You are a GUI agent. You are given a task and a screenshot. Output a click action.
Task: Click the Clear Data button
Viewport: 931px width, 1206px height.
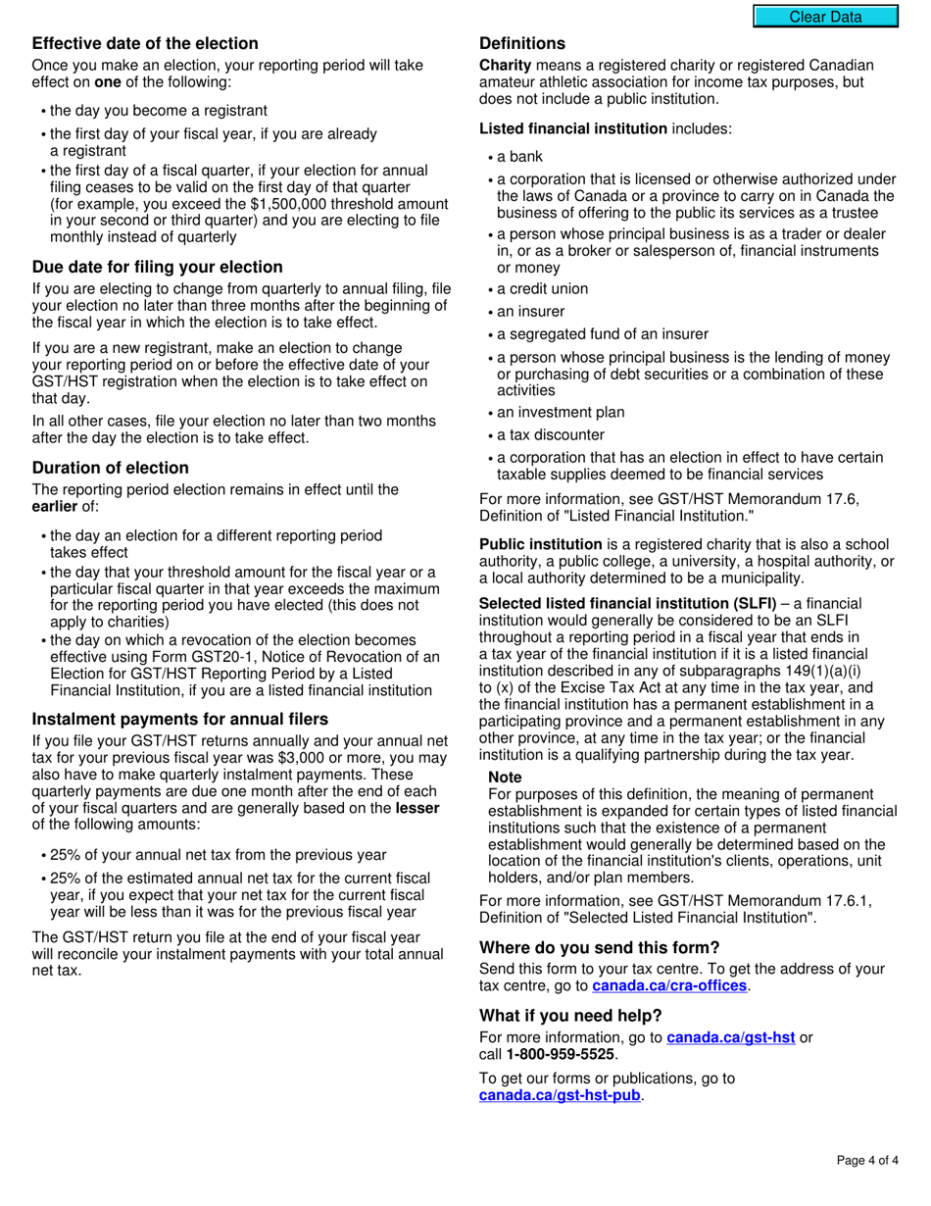pyautogui.click(x=825, y=17)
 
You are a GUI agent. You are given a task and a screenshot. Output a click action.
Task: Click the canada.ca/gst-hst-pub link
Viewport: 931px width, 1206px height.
pyautogui.click(x=560, y=1095)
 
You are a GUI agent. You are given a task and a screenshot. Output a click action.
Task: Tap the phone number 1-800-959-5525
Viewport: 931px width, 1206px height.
pyautogui.click(x=561, y=1054)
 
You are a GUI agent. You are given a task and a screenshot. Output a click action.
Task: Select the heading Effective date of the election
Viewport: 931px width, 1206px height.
pyautogui.click(x=145, y=43)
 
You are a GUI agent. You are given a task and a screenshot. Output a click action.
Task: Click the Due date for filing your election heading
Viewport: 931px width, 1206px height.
pyautogui.click(x=158, y=267)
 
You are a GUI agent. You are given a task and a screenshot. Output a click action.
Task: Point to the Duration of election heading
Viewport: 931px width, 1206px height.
pyautogui.click(x=111, y=468)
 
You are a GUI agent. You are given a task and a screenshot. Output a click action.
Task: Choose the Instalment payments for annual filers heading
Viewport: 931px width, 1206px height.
pyautogui.click(x=180, y=719)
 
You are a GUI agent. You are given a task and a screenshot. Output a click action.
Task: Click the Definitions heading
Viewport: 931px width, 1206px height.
pyautogui.click(x=522, y=43)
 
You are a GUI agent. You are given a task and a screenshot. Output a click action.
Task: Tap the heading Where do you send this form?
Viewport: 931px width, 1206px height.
pyautogui.click(x=600, y=947)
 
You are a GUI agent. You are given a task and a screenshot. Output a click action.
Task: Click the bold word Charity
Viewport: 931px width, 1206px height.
pyautogui.click(x=505, y=66)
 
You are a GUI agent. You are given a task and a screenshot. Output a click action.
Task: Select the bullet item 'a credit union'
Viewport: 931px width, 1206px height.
pyautogui.click(x=543, y=289)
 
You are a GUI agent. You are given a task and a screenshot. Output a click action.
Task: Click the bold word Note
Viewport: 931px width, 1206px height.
pyautogui.click(x=505, y=776)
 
